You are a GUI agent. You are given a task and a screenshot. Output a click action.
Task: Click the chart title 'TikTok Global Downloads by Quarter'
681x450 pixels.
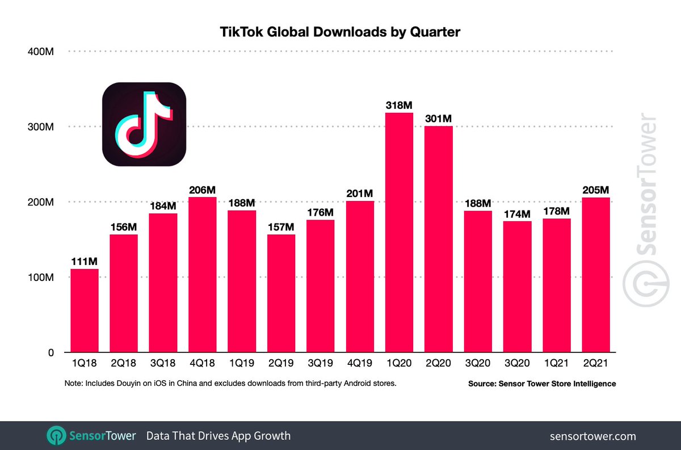pos(340,32)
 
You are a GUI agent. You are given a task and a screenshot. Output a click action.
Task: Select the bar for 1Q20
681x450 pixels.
pos(399,233)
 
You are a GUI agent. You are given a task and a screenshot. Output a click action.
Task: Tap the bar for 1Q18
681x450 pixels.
pos(85,310)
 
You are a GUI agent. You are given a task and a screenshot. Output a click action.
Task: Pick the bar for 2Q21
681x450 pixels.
pos(596,275)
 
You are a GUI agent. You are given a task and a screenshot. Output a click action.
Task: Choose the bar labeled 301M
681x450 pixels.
pos(439,238)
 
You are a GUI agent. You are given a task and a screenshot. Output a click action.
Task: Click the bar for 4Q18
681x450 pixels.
pos(203,275)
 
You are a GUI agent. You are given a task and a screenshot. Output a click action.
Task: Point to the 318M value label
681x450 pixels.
pos(399,105)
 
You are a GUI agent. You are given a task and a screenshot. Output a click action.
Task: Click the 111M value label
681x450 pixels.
pos(85,261)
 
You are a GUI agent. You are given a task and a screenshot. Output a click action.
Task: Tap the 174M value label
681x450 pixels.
pos(518,214)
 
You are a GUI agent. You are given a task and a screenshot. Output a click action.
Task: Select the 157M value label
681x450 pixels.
pos(281,227)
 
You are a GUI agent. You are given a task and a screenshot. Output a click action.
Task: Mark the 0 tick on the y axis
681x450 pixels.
pos(50,352)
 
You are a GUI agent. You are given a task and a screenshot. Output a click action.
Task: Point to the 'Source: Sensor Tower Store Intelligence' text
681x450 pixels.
pos(541,384)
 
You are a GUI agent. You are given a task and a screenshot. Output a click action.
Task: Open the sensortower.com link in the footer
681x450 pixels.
pos(593,436)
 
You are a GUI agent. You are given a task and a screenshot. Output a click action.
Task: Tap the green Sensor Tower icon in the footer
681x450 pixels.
pos(56,436)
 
